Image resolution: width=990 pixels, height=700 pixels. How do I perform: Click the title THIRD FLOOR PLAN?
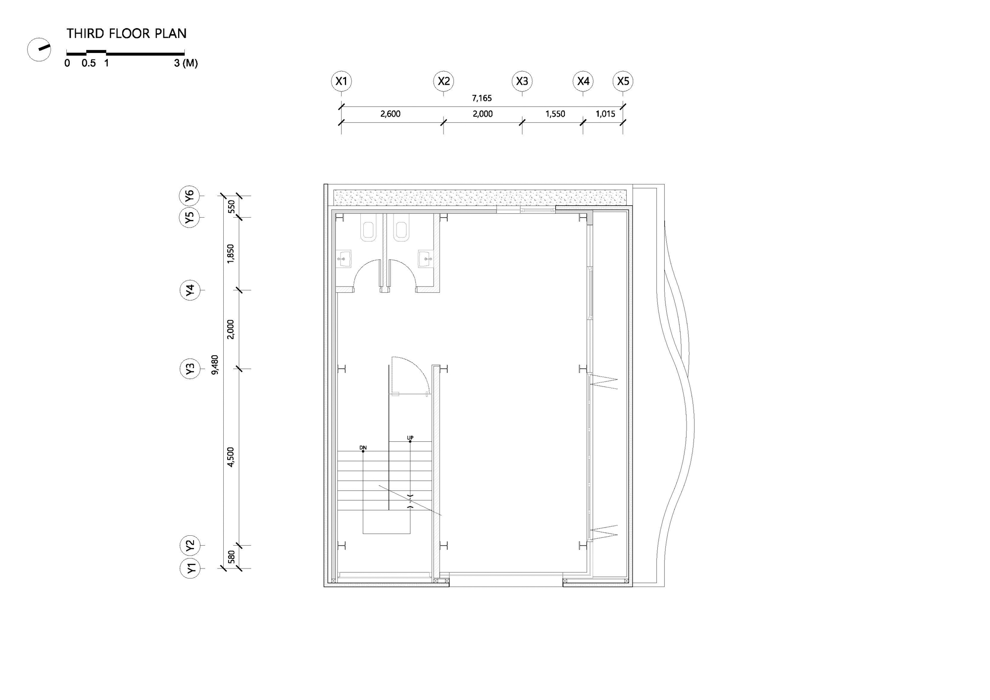[127, 34]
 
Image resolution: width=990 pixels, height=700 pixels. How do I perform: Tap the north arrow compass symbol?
[39, 49]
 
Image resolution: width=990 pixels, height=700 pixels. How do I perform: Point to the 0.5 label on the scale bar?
[89, 63]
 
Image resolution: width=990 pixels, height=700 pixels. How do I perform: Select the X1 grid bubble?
[342, 81]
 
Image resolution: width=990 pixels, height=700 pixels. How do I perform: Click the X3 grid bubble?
[522, 81]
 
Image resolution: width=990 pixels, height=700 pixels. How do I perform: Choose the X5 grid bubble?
[623, 81]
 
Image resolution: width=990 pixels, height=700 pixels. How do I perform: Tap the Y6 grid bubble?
[189, 196]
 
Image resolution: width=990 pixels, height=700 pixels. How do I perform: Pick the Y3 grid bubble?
[190, 369]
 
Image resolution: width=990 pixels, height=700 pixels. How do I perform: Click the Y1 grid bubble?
[190, 568]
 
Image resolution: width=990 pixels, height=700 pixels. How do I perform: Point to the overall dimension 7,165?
[482, 98]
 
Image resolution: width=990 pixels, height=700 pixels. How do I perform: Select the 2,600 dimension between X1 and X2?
[390, 114]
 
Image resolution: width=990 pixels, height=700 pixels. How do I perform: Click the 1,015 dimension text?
[605, 114]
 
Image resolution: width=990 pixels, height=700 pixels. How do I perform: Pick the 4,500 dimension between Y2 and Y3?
[231, 457]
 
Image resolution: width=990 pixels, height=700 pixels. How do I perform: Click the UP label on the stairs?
[410, 438]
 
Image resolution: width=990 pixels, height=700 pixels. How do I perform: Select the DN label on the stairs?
[363, 448]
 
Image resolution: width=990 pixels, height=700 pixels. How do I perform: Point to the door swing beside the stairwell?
[410, 375]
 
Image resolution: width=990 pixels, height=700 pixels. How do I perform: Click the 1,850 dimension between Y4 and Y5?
[231, 254]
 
